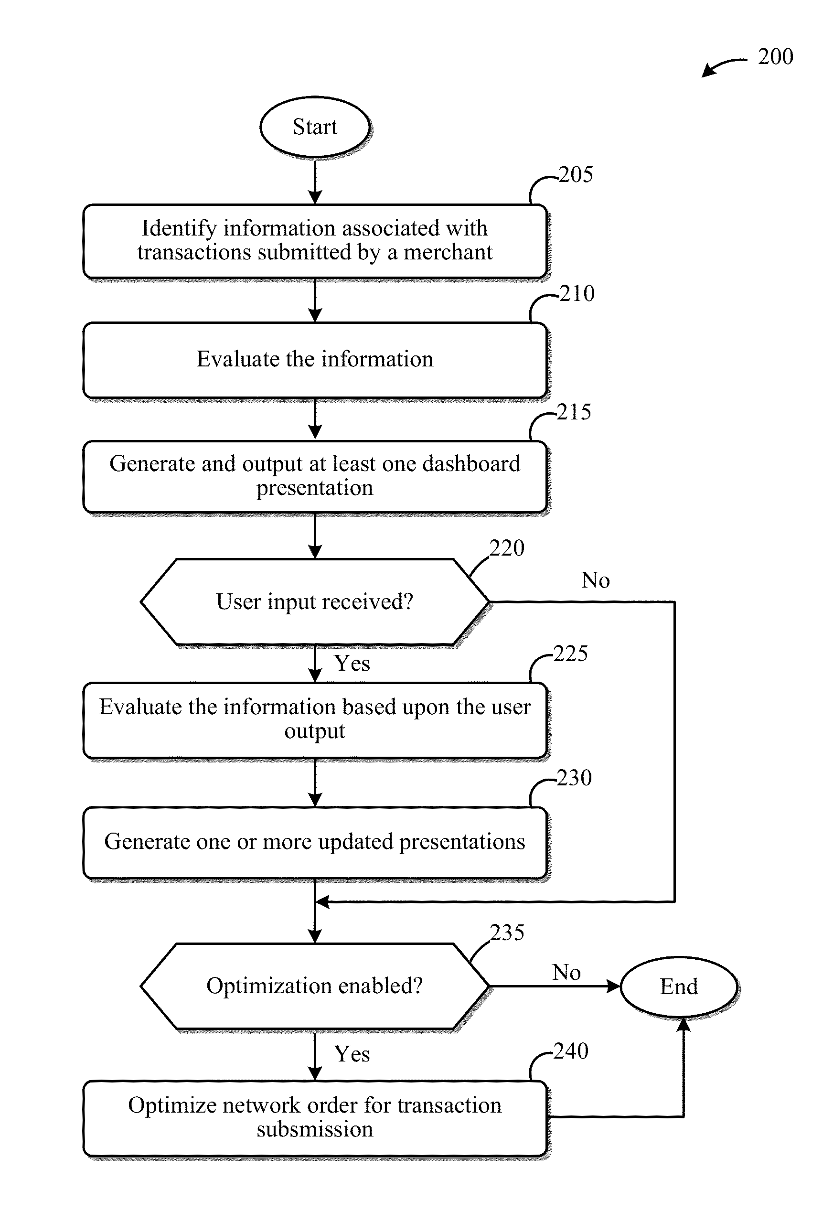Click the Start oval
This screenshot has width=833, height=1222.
coord(315,127)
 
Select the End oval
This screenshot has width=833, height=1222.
coord(678,987)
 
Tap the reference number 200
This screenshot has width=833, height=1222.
coord(775,57)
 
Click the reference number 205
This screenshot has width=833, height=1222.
coord(576,174)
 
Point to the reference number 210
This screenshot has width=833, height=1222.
coord(577,293)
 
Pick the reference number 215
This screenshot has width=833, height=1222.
coord(574,412)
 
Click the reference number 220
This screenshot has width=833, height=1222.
coord(507,548)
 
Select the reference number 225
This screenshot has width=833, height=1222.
coord(571,654)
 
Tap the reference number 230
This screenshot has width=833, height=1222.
coord(574,778)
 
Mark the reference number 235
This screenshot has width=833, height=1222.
coord(507,933)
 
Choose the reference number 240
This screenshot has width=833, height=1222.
coord(571,1051)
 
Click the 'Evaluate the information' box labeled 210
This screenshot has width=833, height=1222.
coord(315,360)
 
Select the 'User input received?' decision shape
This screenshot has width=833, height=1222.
coord(315,601)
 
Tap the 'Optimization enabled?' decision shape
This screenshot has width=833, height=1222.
coord(315,986)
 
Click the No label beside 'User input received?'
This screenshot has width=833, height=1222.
coord(595,580)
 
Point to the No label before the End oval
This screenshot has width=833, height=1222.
coord(566,973)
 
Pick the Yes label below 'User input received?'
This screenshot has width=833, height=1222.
coord(352,664)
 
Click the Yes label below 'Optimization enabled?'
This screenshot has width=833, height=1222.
coord(352,1054)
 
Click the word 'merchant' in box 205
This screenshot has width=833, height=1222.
coord(448,252)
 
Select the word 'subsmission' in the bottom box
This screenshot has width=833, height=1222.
coord(315,1130)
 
